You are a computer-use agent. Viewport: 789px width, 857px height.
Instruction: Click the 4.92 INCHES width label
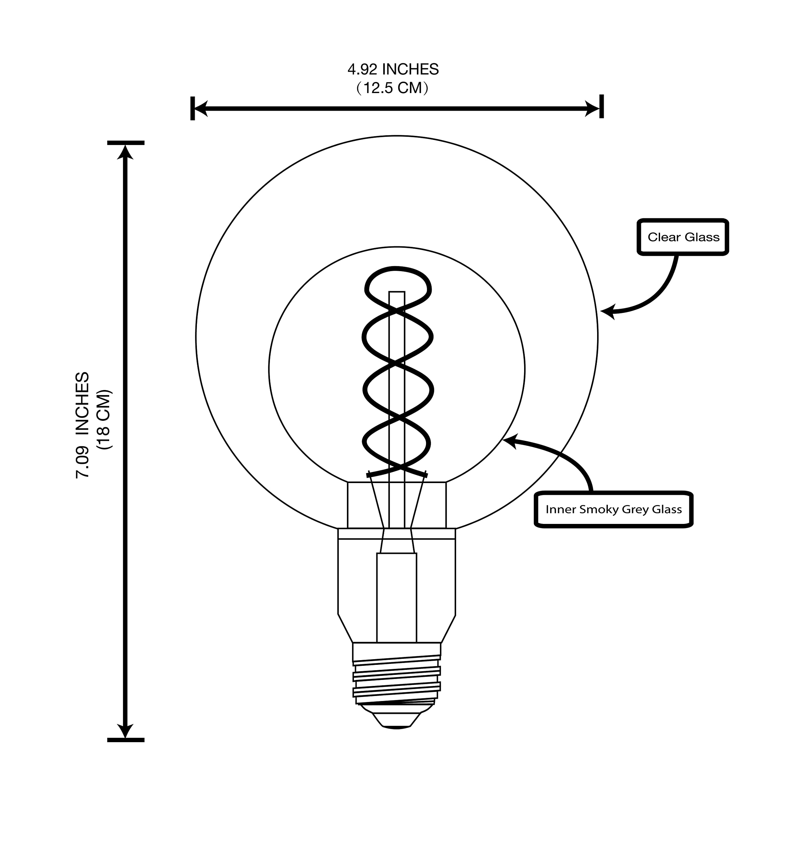pos(393,69)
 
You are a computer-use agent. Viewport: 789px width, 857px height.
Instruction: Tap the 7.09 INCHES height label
pos(82,425)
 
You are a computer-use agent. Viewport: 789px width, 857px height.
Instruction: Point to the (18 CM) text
pos(104,419)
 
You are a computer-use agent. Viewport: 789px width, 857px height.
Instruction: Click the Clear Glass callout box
pos(683,237)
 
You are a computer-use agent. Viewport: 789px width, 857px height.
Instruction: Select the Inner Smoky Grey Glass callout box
pos(614,509)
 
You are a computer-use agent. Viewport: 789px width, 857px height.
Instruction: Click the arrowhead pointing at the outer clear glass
pos(607,312)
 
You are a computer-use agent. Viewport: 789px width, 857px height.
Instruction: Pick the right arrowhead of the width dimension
pos(593,109)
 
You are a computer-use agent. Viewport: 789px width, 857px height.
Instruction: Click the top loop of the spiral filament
pos(397,269)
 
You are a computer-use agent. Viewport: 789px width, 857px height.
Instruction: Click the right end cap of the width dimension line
pos(601,106)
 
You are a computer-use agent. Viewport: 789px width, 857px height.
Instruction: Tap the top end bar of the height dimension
pos(126,143)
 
